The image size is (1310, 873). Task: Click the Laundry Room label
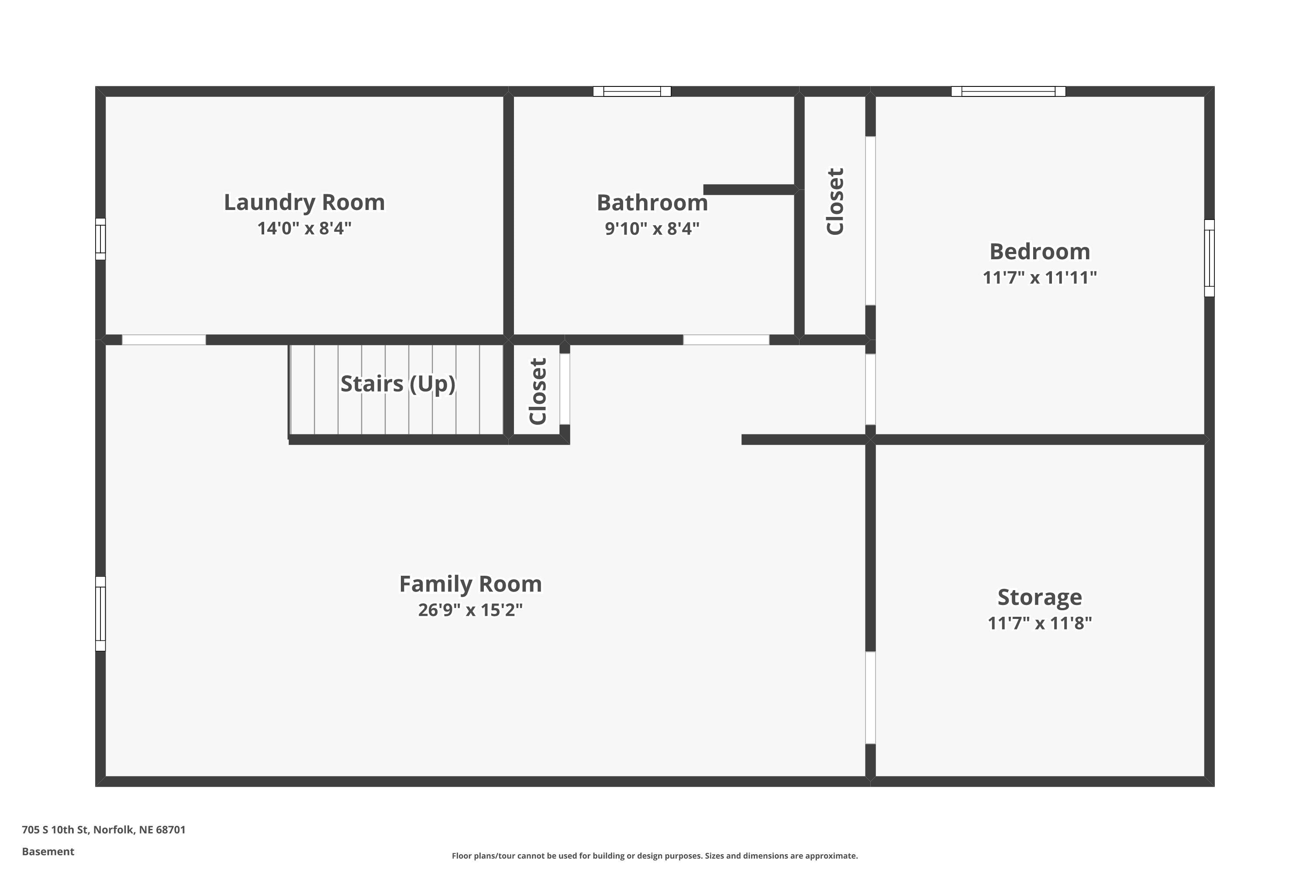(x=304, y=203)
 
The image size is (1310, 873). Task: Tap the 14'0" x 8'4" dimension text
(x=304, y=228)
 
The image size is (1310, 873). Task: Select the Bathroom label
(x=652, y=203)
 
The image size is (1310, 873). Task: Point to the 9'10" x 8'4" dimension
(x=652, y=228)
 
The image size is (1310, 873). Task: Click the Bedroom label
(x=1039, y=252)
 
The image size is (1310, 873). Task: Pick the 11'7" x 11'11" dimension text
(x=1039, y=277)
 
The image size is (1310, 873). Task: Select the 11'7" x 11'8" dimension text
(x=1039, y=623)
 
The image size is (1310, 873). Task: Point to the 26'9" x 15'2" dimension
(x=470, y=610)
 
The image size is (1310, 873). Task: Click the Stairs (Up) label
(x=398, y=384)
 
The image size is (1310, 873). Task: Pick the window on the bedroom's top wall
(x=1008, y=91)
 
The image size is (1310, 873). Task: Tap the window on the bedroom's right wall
(x=1209, y=258)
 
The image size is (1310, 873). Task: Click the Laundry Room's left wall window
(x=100, y=239)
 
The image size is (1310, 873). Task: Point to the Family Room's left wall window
(x=100, y=614)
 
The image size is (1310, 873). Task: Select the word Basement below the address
(x=48, y=851)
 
